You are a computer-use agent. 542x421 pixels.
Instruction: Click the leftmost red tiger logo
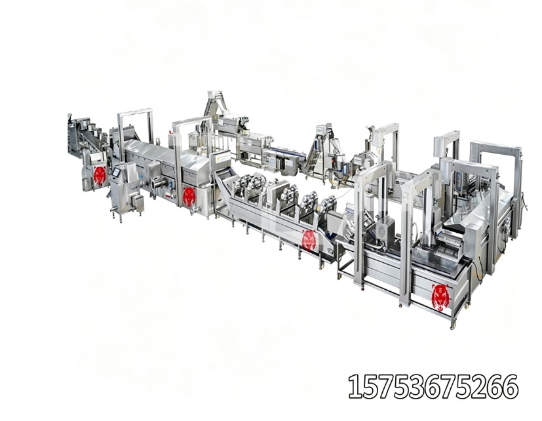100,175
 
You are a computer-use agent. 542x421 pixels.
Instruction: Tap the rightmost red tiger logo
440,297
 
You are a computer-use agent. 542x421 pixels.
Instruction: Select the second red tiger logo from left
189,197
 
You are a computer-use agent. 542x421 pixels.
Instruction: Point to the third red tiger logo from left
309,240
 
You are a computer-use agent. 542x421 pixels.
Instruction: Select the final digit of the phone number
510,386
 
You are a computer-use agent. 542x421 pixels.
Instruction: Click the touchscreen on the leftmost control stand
116,172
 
